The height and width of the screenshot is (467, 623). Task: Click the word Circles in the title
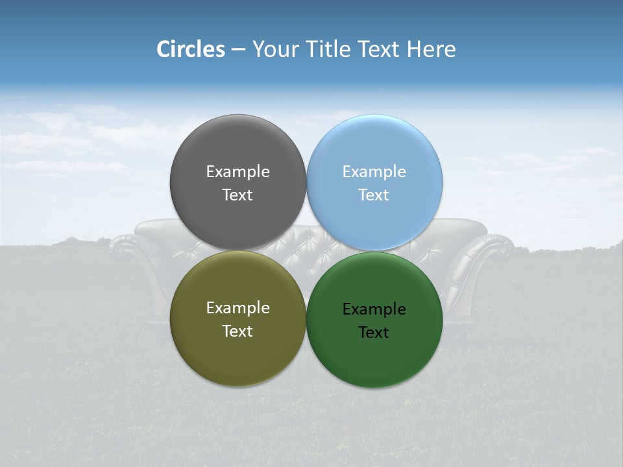[191, 49]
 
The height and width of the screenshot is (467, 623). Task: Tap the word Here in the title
[431, 49]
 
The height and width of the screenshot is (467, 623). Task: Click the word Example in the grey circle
[238, 172]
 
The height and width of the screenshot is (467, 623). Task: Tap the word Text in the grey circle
[238, 195]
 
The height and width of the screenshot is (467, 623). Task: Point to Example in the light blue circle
[374, 172]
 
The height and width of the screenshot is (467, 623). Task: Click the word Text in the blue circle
[374, 195]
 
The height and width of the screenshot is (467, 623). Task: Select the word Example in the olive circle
[238, 308]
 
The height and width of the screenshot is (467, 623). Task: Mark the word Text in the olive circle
[238, 331]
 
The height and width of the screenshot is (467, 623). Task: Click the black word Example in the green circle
[374, 309]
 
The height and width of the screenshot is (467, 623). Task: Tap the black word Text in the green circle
[374, 333]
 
